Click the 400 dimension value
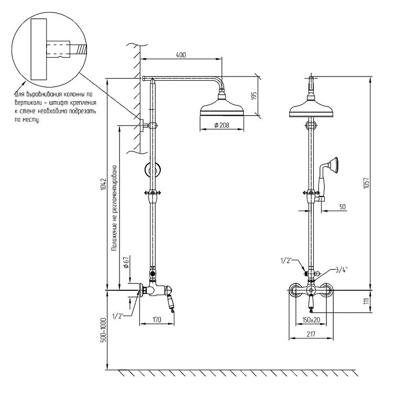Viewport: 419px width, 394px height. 181,55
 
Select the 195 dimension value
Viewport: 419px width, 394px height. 254,96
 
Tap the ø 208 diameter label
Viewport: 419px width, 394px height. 222,125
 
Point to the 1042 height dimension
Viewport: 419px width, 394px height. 103,184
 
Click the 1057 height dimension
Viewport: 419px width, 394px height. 366,183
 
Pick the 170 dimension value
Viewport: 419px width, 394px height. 157,320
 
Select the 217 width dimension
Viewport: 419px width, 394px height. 311,334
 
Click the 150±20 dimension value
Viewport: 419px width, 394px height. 311,320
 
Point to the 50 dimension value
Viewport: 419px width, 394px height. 343,207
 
